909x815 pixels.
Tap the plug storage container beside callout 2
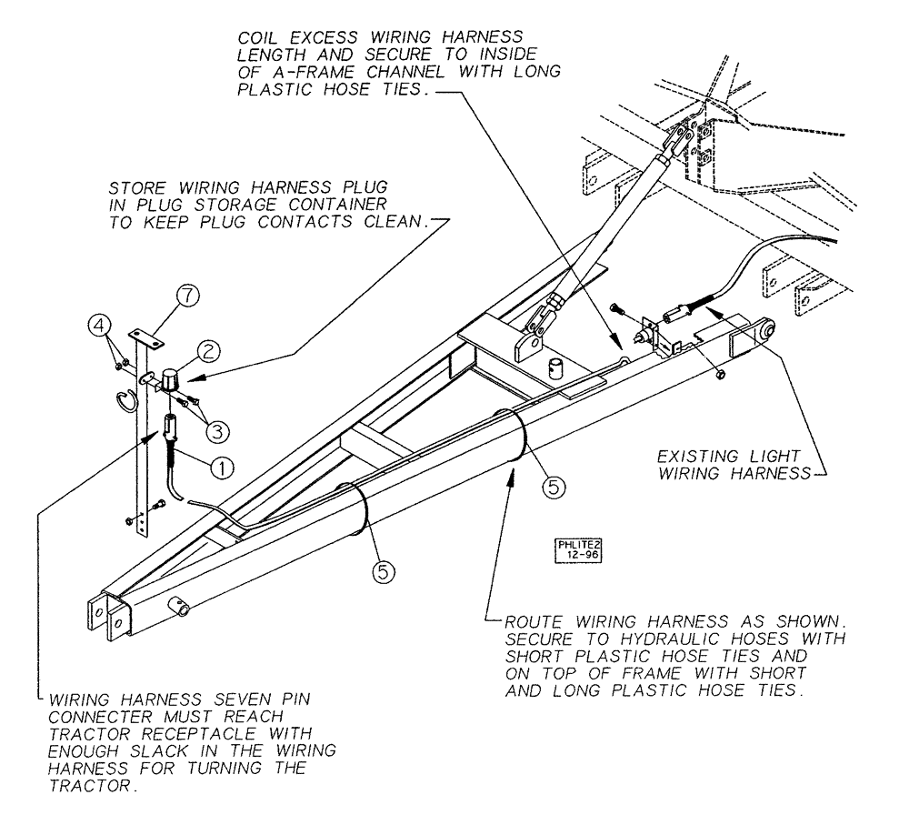172,377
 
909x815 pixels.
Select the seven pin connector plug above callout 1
169,426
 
